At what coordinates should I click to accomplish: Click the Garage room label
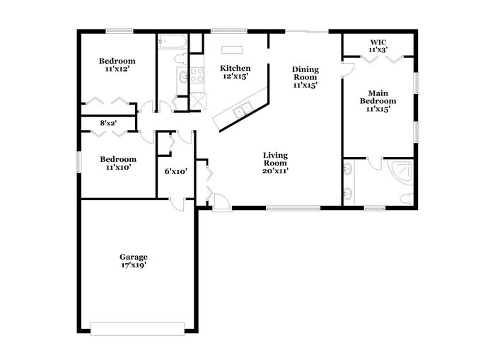coord(133,261)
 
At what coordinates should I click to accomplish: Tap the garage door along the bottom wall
coord(137,328)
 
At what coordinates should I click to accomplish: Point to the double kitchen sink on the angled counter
coord(243,110)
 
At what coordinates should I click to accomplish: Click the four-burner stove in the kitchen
coord(197,75)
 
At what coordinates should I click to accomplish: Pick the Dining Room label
coord(305,77)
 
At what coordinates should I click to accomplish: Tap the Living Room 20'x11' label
coord(275,163)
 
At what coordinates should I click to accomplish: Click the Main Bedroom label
coord(378,101)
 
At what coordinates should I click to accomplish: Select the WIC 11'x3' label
coord(378,46)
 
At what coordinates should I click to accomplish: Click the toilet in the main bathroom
coord(407,199)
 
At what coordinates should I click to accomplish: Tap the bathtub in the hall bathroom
coord(173,41)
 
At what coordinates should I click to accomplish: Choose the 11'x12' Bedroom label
coord(117,65)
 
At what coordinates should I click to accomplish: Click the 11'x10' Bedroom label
coord(118,163)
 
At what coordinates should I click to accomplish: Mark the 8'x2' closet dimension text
coord(109,123)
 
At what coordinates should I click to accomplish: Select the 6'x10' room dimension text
coord(176,171)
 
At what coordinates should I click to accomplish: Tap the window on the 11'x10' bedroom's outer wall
coord(78,162)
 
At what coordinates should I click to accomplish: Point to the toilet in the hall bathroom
coord(181,59)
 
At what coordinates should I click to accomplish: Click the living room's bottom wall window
coord(293,208)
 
